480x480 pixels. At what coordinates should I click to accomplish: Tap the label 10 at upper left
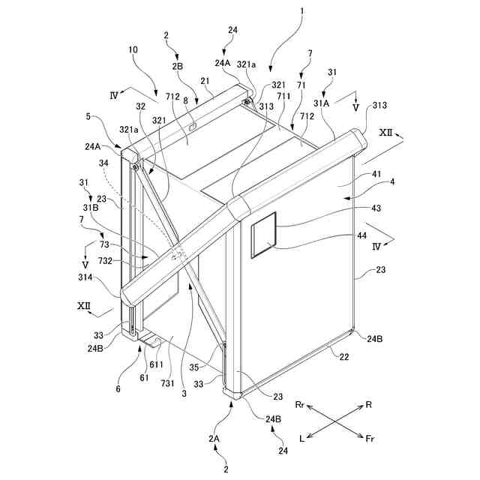coord(133,49)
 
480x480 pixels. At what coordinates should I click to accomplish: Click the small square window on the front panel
coord(262,233)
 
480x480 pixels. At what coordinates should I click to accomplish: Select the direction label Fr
coord(370,439)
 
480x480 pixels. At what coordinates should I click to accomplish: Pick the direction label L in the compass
coord(300,439)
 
